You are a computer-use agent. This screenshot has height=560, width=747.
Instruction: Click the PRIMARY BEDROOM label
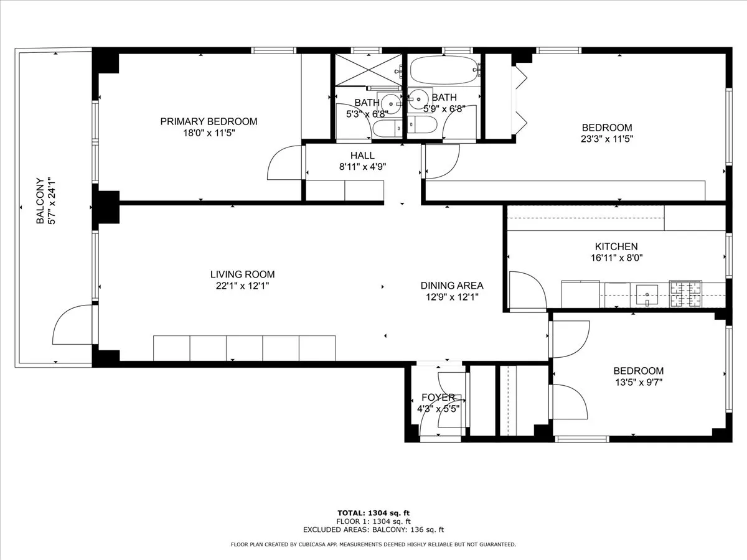tap(209, 121)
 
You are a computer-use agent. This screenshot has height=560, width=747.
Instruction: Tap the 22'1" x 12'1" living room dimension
tap(242, 286)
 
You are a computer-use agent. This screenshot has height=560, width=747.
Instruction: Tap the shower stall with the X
tap(369, 70)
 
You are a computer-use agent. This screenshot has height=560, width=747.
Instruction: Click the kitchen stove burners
tap(685, 294)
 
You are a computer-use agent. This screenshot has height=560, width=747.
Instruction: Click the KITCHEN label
tap(616, 246)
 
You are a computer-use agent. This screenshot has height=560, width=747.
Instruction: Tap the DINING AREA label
tap(452, 286)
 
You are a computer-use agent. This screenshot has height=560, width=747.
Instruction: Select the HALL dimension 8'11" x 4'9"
tap(362, 167)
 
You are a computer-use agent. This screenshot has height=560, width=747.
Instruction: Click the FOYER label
tap(438, 398)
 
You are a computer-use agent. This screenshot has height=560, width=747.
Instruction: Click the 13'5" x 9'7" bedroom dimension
tap(638, 383)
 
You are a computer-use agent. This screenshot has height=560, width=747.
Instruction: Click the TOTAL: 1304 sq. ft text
tap(374, 513)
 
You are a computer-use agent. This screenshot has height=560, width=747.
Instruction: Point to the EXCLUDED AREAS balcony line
tap(374, 530)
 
